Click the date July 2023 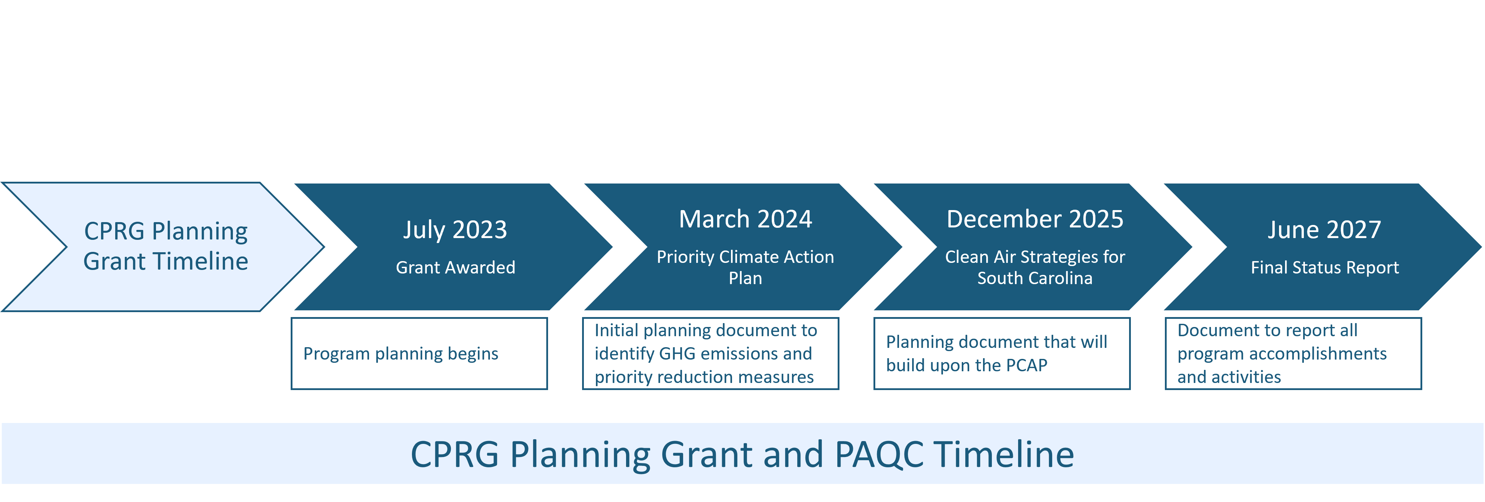point(455,230)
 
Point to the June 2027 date point(1324,230)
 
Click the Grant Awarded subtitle point(456,267)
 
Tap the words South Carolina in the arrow point(1035,278)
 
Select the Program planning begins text point(401,354)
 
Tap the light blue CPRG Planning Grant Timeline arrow point(163,247)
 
